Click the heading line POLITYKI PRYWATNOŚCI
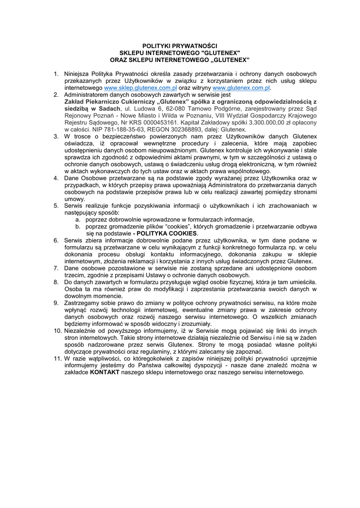[180, 46]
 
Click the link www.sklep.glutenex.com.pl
[141, 87]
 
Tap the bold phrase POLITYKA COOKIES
[167, 233]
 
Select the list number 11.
[57, 358]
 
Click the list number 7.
[57, 268]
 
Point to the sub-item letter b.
[78, 226]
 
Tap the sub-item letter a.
[78, 219]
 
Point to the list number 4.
[57, 178]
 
